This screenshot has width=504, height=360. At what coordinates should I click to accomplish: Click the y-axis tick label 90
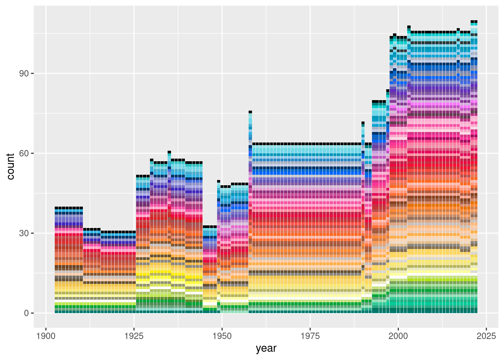pos(24,73)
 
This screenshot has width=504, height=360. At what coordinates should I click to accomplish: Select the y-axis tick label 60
pos(24,153)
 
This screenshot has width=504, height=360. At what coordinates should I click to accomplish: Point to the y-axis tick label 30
pos(24,233)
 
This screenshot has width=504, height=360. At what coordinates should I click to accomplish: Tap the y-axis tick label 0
pos(26,313)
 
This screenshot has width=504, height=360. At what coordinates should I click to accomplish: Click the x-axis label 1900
pos(46,336)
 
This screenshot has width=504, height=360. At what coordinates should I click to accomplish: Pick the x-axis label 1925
pos(134,336)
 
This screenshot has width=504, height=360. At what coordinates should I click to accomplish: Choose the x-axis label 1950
pos(222,336)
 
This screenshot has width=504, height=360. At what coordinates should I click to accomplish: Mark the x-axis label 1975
pos(310,336)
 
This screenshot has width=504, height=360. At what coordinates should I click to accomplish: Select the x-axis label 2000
pos(398,336)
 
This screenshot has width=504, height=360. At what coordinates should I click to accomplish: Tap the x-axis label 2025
pos(486,336)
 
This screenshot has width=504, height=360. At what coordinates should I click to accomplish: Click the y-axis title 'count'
pos(10,166)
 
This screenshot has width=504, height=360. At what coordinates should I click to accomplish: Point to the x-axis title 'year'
pos(266,348)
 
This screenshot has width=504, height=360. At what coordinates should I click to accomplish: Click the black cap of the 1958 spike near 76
pos(250,112)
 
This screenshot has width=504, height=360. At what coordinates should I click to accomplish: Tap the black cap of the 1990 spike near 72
pos(363,123)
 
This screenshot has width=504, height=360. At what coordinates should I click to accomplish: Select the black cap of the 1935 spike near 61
pos(169,152)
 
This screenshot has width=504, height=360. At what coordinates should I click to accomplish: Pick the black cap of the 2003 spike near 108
pos(409,27)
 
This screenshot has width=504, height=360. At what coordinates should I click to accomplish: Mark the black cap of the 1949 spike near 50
pos(219,181)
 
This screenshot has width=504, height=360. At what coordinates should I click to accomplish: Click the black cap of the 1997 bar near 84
pos(388,90)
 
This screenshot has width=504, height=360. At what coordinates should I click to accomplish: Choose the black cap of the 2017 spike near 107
pos(458,29)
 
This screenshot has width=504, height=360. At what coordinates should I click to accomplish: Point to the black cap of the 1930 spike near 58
pos(152,160)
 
